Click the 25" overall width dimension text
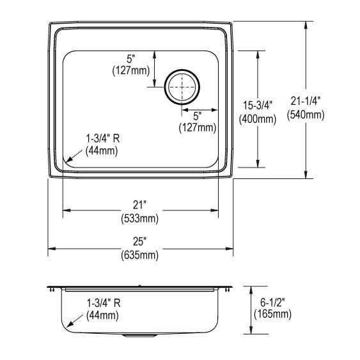click(140, 241)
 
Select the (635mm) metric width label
click(140, 255)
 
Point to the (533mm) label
click(140, 218)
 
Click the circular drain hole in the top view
click(182, 86)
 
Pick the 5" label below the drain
click(197, 115)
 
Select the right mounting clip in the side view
click(228, 290)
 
